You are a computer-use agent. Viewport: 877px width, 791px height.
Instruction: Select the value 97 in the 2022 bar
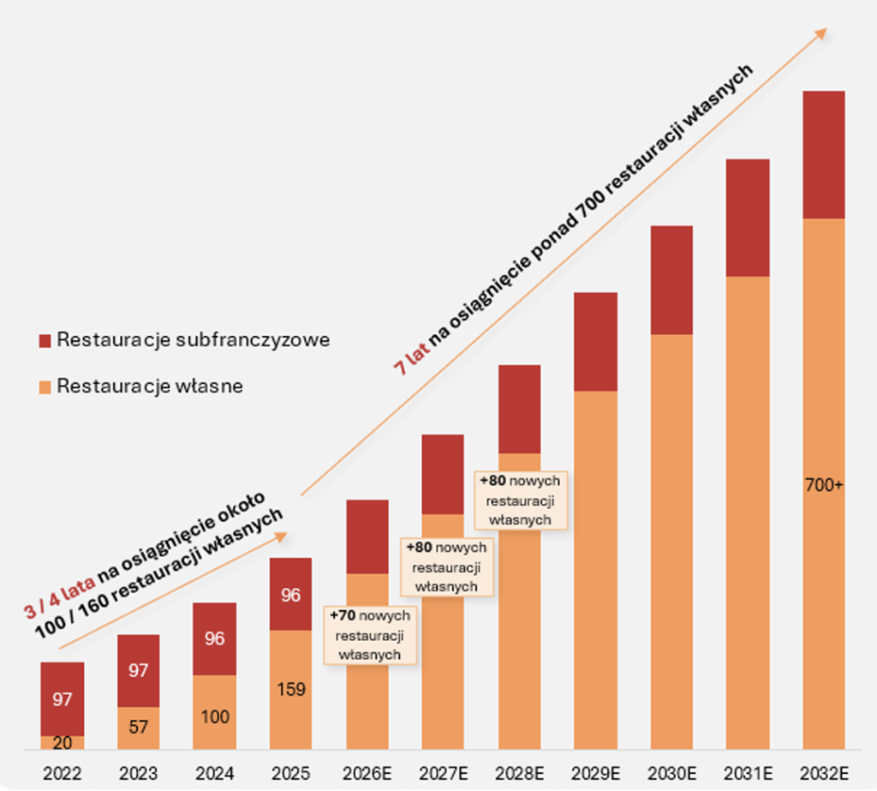62,699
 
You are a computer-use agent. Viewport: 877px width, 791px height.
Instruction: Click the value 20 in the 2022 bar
62,743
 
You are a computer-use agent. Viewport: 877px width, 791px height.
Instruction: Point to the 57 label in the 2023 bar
139,728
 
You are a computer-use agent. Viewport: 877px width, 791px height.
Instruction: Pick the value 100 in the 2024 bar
214,716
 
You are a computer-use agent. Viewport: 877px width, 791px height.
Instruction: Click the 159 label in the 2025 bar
291,689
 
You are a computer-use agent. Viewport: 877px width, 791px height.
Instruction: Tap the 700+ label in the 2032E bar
824,485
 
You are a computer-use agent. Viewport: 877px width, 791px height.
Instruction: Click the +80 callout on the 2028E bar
520,500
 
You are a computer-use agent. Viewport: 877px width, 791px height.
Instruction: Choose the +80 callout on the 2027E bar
446,566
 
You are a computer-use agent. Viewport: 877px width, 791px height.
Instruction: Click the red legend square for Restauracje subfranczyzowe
45,340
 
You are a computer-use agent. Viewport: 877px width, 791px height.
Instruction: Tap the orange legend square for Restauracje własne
45,387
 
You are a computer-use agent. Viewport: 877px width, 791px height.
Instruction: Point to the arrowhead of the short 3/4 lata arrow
283,536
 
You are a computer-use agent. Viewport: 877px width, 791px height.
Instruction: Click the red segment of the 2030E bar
671,280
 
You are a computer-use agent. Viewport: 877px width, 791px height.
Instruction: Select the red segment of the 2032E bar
824,154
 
